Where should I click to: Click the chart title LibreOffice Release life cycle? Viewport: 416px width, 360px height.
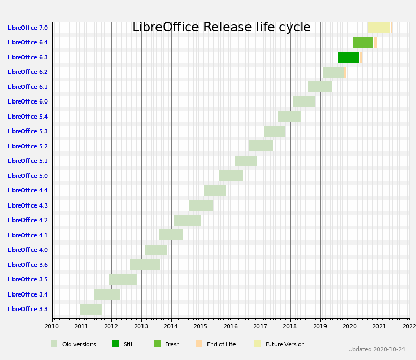point(221,28)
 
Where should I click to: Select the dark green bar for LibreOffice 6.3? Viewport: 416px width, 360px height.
point(348,57)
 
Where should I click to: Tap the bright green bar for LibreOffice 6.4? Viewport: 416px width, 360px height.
point(362,43)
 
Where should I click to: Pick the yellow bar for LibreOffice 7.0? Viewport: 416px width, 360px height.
point(379,28)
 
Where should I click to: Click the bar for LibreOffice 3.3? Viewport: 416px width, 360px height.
point(91,309)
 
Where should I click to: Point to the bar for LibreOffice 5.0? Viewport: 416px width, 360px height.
point(231,176)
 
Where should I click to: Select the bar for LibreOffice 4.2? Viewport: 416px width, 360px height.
point(187,220)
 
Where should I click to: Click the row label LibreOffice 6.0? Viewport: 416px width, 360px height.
point(28,102)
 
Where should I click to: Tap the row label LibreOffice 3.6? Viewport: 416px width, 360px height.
point(28,265)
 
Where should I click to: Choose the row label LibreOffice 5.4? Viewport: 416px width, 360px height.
point(28,117)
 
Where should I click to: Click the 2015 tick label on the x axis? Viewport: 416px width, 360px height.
point(201,326)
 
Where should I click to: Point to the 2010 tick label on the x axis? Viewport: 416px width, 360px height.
point(52,326)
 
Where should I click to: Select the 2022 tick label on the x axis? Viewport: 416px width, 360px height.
point(409,326)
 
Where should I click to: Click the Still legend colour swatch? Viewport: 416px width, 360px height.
point(115,344)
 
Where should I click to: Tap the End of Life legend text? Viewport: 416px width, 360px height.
point(221,344)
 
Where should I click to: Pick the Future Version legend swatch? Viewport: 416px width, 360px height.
point(257,344)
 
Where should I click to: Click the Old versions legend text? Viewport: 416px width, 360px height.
point(79,344)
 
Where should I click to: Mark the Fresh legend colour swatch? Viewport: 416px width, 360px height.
point(157,344)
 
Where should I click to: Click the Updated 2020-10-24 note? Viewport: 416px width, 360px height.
point(376,350)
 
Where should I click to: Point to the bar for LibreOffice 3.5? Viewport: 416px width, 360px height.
point(123,279)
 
